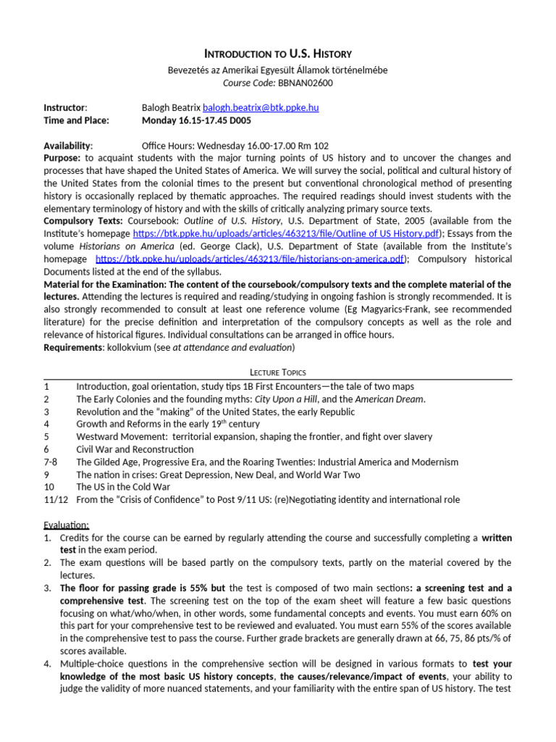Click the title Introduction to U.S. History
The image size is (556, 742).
click(278, 54)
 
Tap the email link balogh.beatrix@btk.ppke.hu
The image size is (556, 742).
click(261, 107)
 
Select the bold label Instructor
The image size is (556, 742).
click(65, 107)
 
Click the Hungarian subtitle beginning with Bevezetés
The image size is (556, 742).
click(278, 70)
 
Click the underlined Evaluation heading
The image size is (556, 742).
click(66, 525)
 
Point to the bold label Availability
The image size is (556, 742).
click(67, 145)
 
